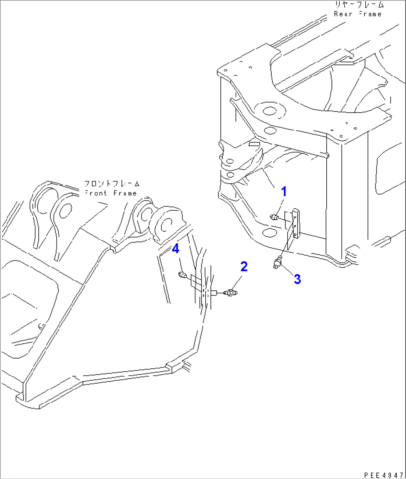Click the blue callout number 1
point(284,192)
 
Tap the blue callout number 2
point(244,267)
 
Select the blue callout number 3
point(297,279)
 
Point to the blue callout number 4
point(175,248)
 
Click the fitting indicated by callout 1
point(275,217)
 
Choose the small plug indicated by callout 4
point(183,275)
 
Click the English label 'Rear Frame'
point(358,14)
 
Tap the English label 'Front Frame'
point(111,193)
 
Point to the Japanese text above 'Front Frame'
point(112,184)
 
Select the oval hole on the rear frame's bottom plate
point(269,233)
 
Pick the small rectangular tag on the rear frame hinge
point(254,144)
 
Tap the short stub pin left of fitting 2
point(214,293)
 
